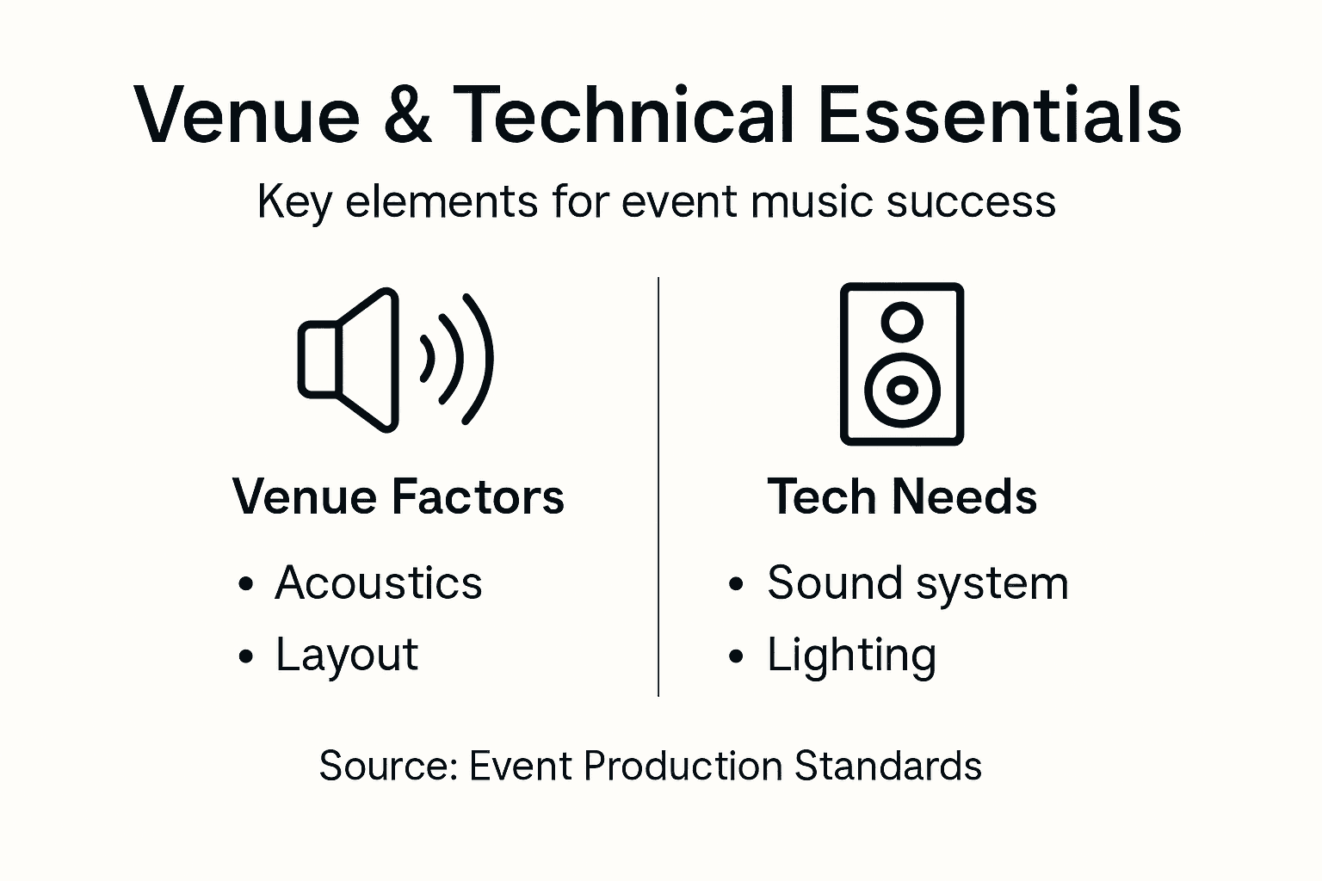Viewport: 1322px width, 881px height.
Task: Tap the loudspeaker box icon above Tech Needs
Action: [901, 363]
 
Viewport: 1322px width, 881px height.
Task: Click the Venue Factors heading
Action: [398, 497]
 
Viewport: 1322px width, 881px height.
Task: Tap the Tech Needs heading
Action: [902, 497]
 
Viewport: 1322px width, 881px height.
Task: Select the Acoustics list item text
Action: [379, 583]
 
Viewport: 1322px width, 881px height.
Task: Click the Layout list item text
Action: [347, 656]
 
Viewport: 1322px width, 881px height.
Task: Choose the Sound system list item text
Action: [917, 583]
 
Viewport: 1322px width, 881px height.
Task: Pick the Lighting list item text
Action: [851, 656]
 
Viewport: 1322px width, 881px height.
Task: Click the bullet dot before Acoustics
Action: [247, 585]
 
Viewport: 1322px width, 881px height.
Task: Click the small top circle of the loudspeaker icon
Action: [902, 322]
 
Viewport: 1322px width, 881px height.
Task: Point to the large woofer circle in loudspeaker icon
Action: [902, 390]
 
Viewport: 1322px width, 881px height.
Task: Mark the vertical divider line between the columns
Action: [658, 486]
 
